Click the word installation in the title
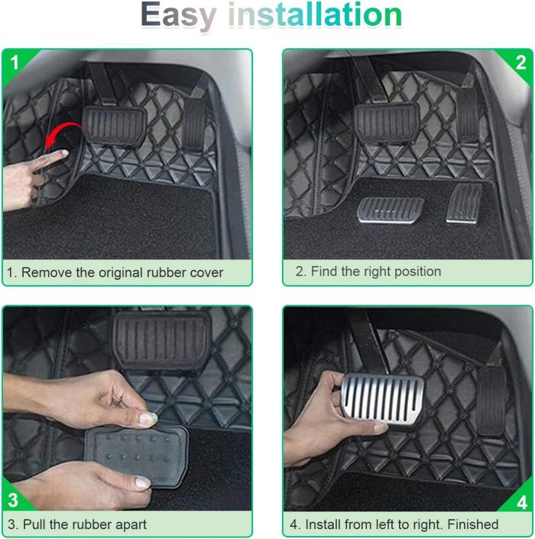point(315,15)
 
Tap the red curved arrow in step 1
point(63,135)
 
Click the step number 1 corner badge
point(14,63)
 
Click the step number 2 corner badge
point(520,63)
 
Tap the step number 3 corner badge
point(13,500)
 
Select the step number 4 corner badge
point(521,502)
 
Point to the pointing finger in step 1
point(51,159)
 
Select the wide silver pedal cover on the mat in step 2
point(391,210)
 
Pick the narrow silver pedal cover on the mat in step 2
point(464,203)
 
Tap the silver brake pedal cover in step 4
point(383,399)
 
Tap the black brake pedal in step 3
point(161,340)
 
